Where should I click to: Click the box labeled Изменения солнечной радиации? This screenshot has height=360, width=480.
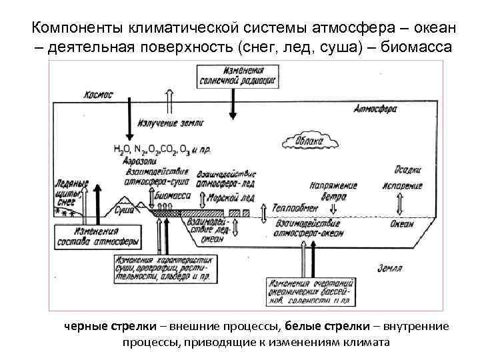(236, 75)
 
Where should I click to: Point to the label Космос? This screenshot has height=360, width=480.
(99, 95)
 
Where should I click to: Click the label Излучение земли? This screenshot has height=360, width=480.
(171, 123)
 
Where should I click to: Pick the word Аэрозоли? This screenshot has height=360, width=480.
(139, 161)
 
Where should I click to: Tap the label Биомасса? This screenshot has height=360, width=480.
(172, 197)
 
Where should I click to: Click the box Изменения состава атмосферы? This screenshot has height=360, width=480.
(98, 236)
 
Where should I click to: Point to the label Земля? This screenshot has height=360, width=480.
(390, 267)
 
